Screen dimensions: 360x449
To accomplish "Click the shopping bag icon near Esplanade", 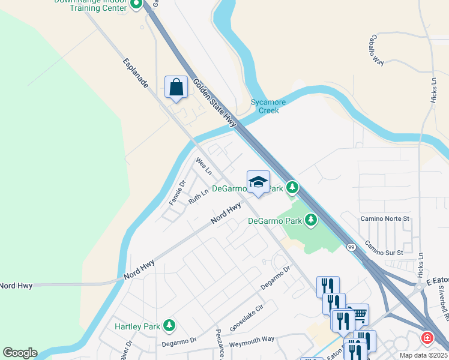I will pos(176,87).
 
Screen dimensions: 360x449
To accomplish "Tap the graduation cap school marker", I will pos(258,182).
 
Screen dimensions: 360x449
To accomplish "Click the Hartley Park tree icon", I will pos(170,326).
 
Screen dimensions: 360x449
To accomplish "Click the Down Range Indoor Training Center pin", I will pos(136,4).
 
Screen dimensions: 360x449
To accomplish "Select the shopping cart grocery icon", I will pos(358,314).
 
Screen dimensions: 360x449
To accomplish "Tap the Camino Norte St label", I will pos(384,219).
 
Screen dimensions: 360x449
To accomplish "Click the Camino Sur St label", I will pos(384,247).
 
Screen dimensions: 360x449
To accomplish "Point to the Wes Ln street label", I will pos(204,166).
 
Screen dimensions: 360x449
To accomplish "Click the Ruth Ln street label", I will pos(198,197).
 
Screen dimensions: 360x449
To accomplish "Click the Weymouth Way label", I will pos(252,339).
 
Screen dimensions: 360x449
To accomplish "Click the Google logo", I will pos(19,352).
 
